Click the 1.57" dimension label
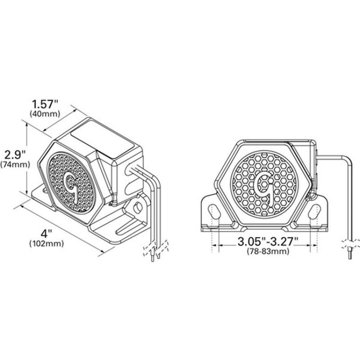pos(45,105)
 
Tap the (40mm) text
pos(45,114)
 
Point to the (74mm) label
pos(15,165)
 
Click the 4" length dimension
pos(47,234)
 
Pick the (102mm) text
pos(47,244)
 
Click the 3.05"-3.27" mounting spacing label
pos(268,242)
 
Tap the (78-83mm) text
pos(268,252)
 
